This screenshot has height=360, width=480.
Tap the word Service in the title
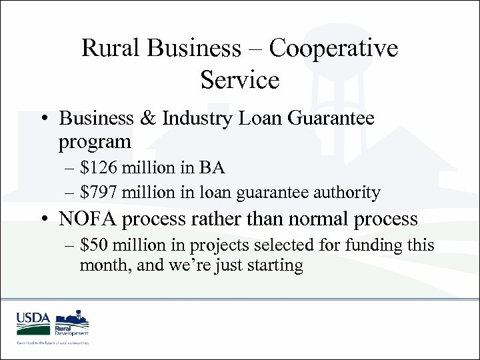tap(239, 80)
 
